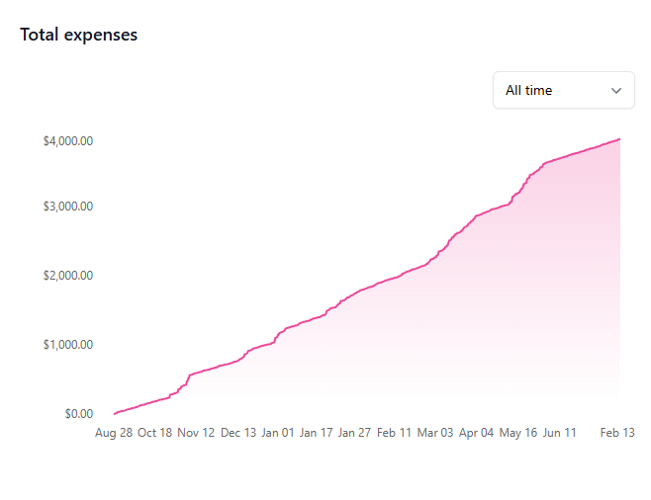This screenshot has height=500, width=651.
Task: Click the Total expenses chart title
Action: coord(78,35)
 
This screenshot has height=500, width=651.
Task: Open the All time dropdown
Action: coord(563,90)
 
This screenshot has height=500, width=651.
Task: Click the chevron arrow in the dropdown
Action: coord(616,91)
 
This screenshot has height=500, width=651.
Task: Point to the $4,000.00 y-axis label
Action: coord(68,141)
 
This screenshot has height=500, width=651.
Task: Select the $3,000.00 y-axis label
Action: coord(68,207)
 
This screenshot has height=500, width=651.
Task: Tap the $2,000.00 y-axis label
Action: coord(68,275)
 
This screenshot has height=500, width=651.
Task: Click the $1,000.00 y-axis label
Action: coord(68,345)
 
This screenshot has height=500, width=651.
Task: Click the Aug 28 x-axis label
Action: coord(114,433)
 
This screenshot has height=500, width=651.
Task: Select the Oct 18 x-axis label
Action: coord(155,433)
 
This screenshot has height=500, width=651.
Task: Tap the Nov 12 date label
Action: coord(196,433)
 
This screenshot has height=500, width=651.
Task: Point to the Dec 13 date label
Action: coord(237,433)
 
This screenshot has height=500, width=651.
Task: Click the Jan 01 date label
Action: coord(277,433)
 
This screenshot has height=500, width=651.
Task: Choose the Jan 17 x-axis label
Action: coord(316,433)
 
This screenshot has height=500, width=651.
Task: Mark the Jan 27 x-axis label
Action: coord(355,433)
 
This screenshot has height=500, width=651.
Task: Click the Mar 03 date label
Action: coord(435,433)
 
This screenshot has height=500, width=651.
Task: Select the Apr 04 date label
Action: coord(477,433)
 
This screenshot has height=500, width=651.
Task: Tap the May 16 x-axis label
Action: coord(518,433)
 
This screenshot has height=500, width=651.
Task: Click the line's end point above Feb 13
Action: coord(619,139)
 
